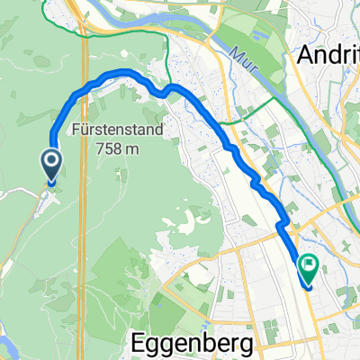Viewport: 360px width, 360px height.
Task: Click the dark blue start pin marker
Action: click(51, 165)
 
